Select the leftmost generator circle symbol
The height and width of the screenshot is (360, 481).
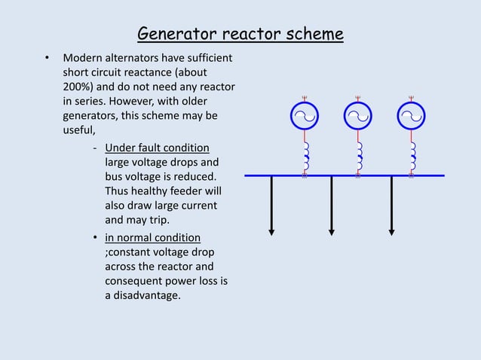[x=305, y=116]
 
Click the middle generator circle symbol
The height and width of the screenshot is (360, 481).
[x=358, y=116]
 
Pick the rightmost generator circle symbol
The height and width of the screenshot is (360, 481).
[x=412, y=116]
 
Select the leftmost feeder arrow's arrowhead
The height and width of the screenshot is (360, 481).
[x=271, y=230]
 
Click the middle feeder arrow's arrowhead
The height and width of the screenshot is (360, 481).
[x=331, y=230]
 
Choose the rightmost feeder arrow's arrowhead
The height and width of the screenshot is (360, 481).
[x=391, y=230]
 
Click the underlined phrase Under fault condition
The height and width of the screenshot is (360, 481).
[x=157, y=147]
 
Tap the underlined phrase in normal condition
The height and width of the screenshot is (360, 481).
[x=152, y=237]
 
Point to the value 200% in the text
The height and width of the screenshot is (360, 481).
[x=78, y=87]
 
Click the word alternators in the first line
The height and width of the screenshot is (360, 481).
[x=130, y=58]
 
